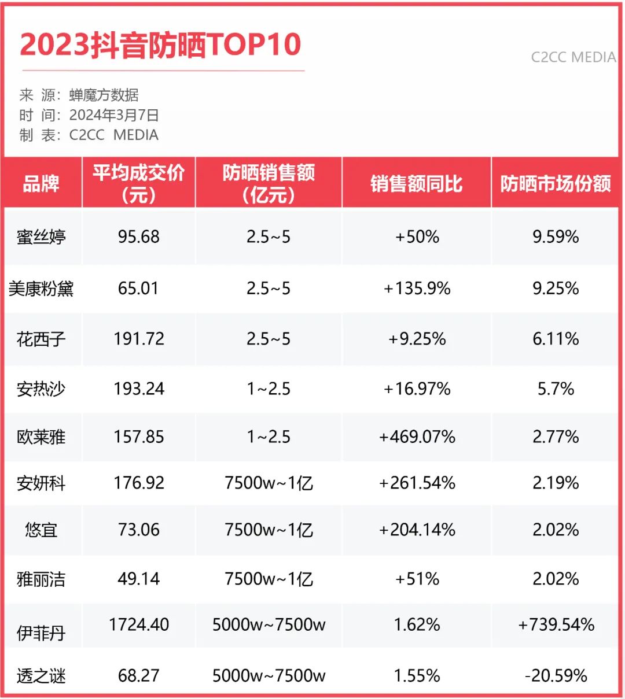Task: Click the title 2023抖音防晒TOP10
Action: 160,45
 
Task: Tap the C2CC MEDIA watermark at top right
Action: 573,57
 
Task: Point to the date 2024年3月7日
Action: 114,115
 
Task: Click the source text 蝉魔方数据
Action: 104,95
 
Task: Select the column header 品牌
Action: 41,184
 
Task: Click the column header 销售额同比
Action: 417,184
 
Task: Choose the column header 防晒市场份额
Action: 556,184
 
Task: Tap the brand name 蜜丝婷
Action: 41,237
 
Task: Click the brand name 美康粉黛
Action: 41,289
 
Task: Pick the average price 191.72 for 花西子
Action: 139,339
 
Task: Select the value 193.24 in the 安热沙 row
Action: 139,389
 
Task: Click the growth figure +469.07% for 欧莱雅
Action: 417,437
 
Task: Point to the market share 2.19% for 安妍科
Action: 556,483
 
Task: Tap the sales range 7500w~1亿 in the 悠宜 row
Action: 269,530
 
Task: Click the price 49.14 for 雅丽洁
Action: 139,579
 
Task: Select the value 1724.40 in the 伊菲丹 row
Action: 139,624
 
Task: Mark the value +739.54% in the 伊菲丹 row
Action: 556,624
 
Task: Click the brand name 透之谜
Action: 41,676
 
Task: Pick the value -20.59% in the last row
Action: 556,675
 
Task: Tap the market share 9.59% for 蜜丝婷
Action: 556,236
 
